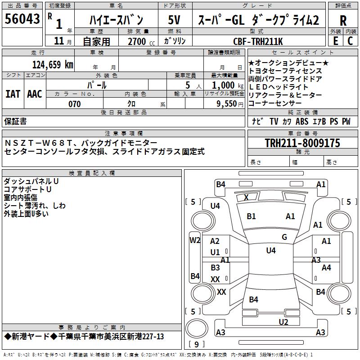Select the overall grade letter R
point(343,20)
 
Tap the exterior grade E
point(335,40)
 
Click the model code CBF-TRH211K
point(258,41)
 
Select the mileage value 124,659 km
point(53,65)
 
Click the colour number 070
point(74,104)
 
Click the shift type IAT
point(13,94)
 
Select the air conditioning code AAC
point(35,94)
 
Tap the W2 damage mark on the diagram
point(195,240)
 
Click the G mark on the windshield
point(284,237)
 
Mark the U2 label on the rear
point(283,322)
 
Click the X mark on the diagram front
point(246,197)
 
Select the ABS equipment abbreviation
point(302,121)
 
